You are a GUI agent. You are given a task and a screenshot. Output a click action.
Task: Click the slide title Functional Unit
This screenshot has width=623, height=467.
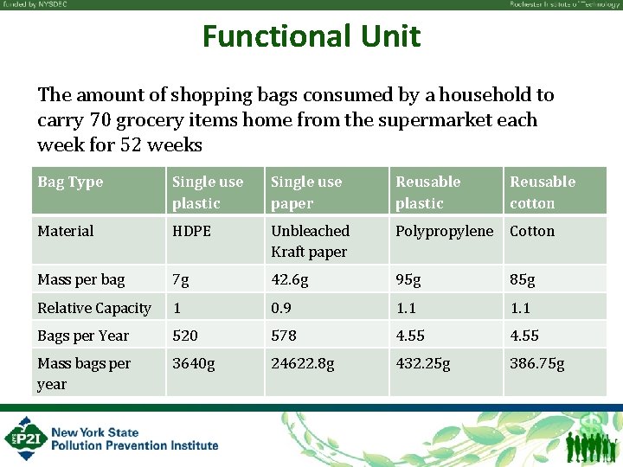[311, 36]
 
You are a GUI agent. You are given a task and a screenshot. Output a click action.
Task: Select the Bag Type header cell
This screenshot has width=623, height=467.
[70, 182]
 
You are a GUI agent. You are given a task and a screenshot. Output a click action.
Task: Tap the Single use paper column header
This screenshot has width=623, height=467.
[306, 192]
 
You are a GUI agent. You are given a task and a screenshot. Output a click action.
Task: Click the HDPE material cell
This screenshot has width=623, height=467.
[191, 231]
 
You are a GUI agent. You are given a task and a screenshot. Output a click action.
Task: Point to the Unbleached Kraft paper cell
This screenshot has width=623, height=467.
[310, 241]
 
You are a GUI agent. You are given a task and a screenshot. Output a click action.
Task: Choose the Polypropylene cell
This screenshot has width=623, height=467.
[444, 231]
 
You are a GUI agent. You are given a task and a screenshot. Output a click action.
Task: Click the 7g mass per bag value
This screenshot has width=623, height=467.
[181, 280]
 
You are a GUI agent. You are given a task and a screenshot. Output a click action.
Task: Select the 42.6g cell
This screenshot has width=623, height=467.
[290, 280]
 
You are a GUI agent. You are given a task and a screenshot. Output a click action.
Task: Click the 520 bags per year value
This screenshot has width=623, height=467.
[185, 336]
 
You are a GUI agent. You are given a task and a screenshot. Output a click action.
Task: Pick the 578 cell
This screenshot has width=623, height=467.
[284, 336]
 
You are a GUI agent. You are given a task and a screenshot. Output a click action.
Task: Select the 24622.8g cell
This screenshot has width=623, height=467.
[302, 363]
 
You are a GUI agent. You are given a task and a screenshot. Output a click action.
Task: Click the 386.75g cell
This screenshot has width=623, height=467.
[536, 363]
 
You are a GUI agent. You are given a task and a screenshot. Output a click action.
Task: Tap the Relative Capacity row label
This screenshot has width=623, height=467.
[94, 308]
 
